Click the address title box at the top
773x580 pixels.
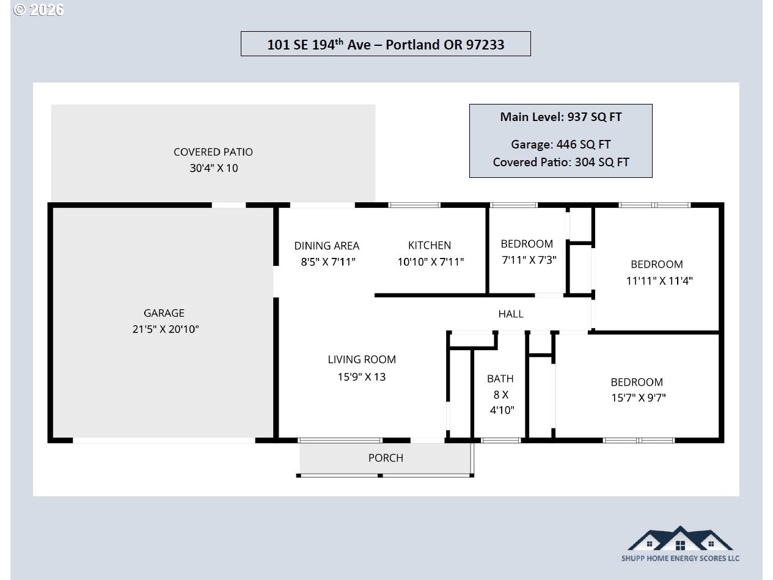[386, 43]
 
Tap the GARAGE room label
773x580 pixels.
[164, 313]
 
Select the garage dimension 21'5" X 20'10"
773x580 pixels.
[166, 329]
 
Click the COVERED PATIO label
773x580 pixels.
[213, 152]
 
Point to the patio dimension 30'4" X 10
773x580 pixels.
[214, 168]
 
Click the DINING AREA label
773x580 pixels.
[327, 246]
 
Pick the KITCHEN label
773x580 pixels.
[430, 245]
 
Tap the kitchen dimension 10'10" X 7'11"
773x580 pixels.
[430, 262]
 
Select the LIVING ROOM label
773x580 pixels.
[362, 359]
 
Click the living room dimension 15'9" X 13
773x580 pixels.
[362, 377]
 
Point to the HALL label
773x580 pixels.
[511, 314]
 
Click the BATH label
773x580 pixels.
[500, 378]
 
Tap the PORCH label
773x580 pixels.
[386, 458]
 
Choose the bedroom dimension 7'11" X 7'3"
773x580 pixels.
[529, 260]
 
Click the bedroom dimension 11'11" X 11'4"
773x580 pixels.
[659, 281]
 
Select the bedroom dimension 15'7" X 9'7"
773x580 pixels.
[638, 398]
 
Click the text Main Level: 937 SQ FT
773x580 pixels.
[560, 117]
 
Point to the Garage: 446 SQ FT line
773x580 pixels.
[560, 144]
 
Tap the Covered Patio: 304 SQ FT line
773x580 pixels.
[560, 162]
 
